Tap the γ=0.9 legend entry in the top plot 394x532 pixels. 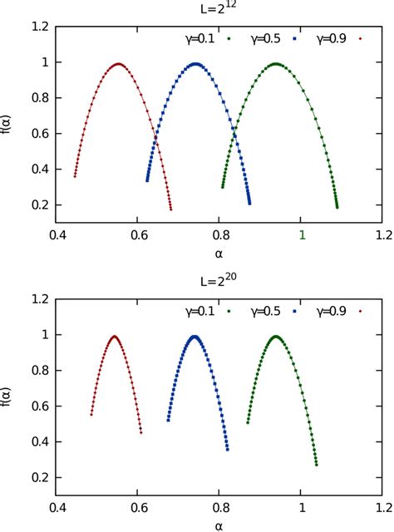(x=336, y=38)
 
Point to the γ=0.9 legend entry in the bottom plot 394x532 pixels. (x=336, y=311)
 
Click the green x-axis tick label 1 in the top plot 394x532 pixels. (x=303, y=234)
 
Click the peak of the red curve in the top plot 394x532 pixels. (x=119, y=64)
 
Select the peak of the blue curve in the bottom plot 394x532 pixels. (x=195, y=337)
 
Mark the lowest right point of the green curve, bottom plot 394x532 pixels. (x=317, y=465)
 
